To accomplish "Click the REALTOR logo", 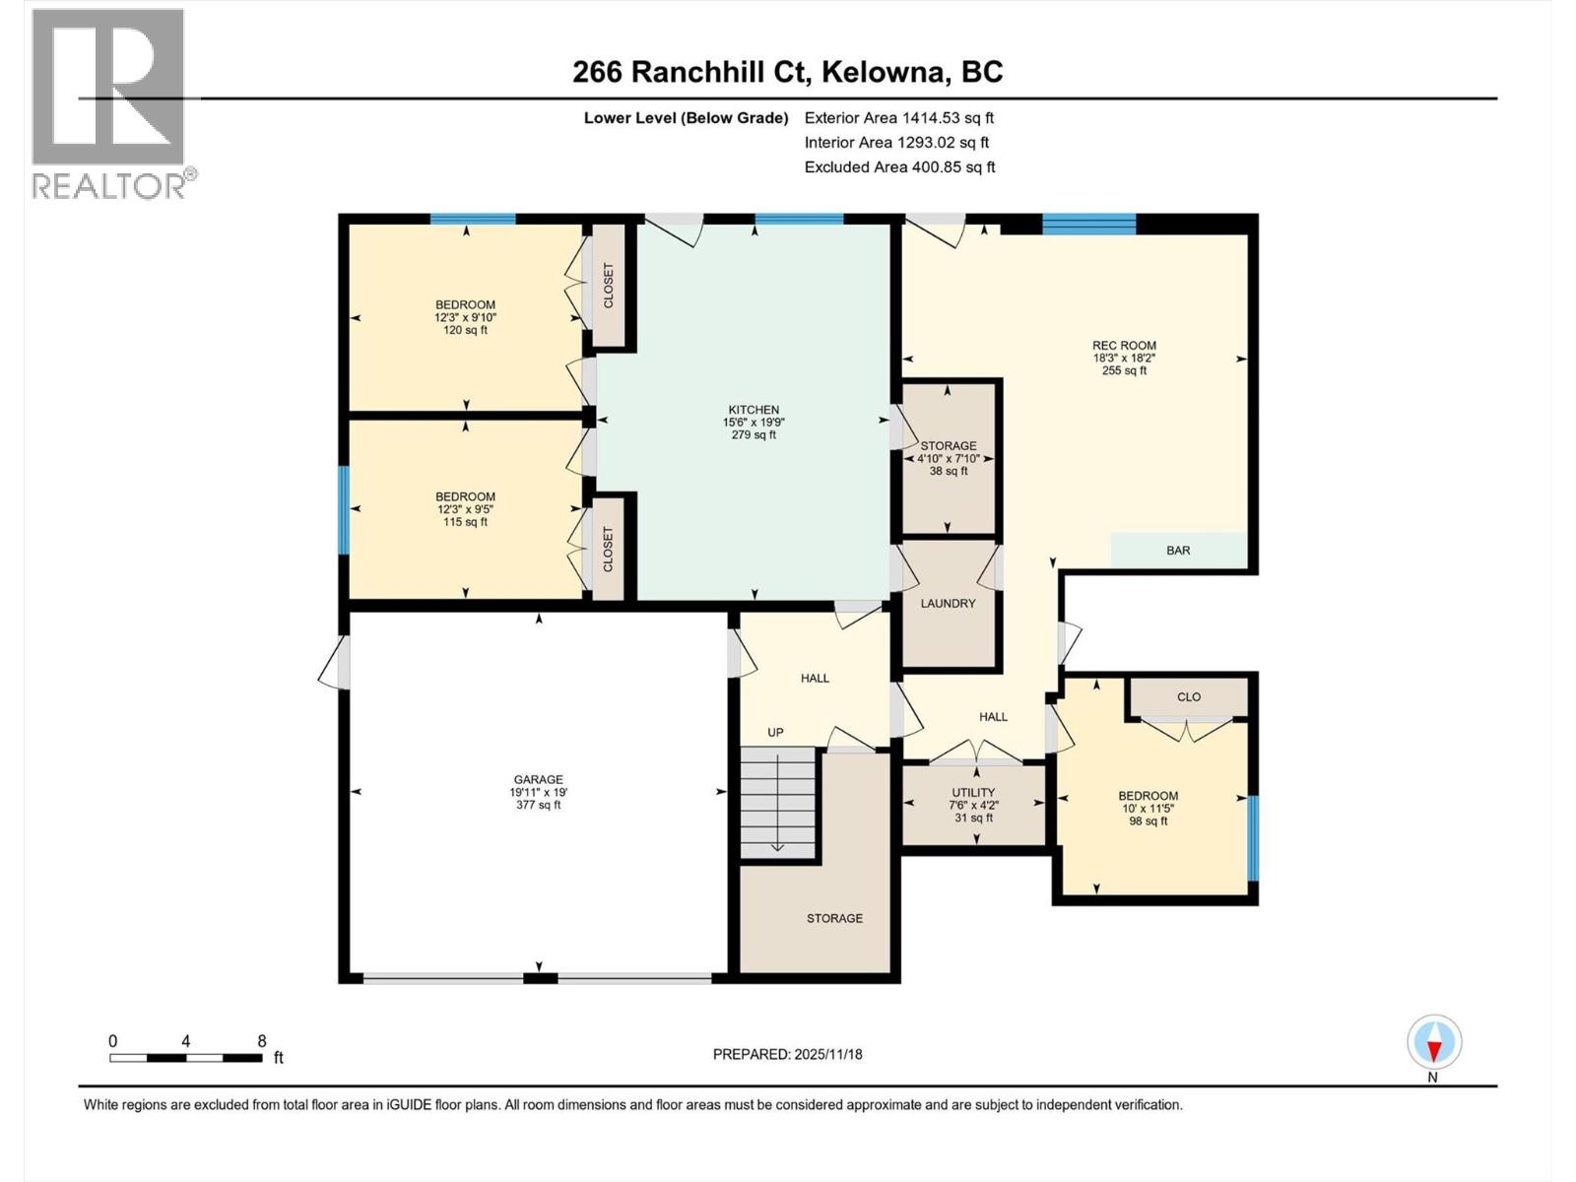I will point(108,103).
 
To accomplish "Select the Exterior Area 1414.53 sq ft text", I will point(898,117).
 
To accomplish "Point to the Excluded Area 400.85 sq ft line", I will point(899,166).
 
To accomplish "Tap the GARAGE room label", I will point(537,791).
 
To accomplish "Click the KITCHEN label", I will point(754,422).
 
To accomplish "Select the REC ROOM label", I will point(1124,358).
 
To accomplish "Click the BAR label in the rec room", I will point(1178,550).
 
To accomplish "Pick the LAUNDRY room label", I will point(948,603).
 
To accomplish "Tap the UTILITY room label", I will point(973,804).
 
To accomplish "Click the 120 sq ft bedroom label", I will point(465,317).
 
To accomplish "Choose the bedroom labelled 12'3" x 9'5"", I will point(465,509).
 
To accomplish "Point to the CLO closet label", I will point(1189,696).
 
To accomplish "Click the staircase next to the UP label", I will point(779,802).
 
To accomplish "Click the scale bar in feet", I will point(186,1057).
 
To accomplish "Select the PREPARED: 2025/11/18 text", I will point(787,1054).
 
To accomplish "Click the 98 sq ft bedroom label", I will point(1148,808).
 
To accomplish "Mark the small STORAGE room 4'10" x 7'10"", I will point(949,458).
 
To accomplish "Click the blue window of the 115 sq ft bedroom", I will point(344,509).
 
